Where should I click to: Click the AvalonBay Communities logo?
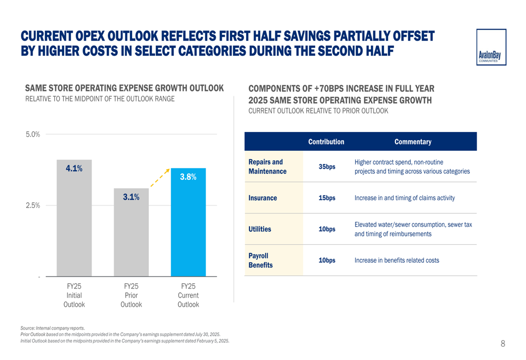coord(491,47)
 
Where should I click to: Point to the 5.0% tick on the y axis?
coord(33,135)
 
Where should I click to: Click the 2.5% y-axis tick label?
coord(33,205)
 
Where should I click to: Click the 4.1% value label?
coord(74,168)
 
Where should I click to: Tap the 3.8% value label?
coord(188,177)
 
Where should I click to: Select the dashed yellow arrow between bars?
coord(159,178)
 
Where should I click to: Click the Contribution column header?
coord(326,142)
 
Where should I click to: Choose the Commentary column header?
coord(413,142)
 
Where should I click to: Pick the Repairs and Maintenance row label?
coord(267,167)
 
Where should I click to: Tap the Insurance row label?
coord(262,198)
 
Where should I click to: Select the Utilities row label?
coord(260,229)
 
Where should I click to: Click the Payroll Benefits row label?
coord(260,260)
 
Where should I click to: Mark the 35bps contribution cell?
coord(327,167)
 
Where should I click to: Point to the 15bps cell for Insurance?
coord(327,198)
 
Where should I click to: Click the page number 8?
coord(503,344)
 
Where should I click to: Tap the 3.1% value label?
coord(131,197)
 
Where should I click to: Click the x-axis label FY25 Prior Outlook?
coord(131,295)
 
